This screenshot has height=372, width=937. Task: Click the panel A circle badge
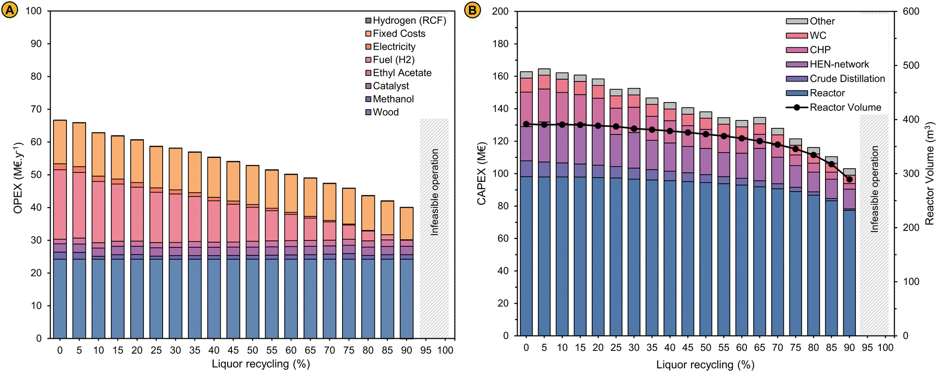point(10,10)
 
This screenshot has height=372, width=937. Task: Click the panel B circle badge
point(472,10)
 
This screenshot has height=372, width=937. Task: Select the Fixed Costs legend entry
point(399,34)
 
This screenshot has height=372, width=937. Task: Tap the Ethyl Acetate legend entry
point(402,73)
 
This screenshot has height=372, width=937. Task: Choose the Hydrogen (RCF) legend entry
point(409,21)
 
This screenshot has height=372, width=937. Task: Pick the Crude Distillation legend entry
point(847,79)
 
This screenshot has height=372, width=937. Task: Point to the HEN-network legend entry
point(839,64)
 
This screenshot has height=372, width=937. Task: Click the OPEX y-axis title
point(18,178)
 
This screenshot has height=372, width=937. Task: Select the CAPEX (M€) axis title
point(481,174)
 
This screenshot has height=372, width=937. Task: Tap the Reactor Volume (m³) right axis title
point(929,174)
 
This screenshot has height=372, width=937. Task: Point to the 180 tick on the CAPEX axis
point(500,44)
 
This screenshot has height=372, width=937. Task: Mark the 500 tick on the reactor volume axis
point(911,65)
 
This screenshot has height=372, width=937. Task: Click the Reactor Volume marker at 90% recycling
point(849,179)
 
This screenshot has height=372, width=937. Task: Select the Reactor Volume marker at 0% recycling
point(526,124)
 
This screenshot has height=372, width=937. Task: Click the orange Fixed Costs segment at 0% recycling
point(60,142)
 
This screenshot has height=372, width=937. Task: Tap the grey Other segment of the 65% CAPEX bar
point(759,120)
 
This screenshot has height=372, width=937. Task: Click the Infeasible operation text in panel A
point(435,192)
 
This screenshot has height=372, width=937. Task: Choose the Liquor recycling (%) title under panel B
point(705,365)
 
